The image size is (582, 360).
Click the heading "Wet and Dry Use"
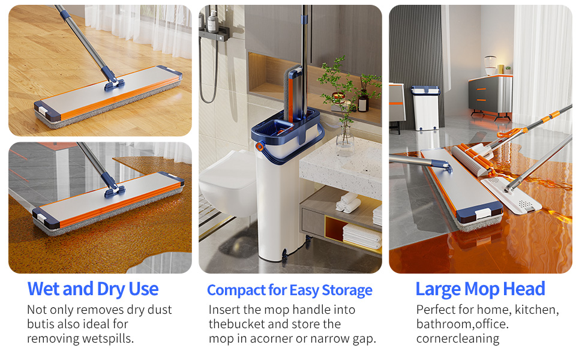click(x=93, y=289)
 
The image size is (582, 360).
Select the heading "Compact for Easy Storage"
click(x=289, y=290)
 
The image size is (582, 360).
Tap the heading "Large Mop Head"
click(x=480, y=289)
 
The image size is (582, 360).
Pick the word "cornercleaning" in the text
click(x=458, y=338)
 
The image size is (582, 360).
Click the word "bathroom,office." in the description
click(x=463, y=324)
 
